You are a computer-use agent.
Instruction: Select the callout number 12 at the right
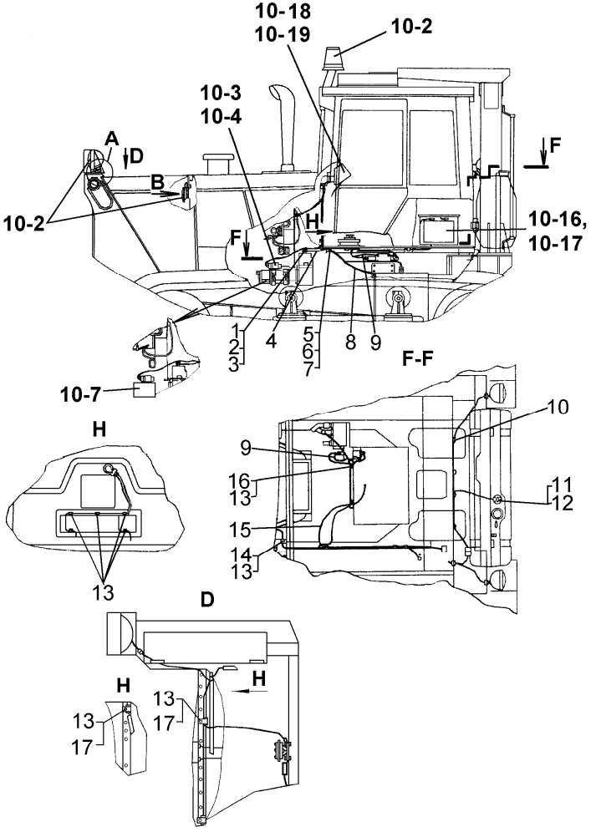[x=565, y=501]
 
